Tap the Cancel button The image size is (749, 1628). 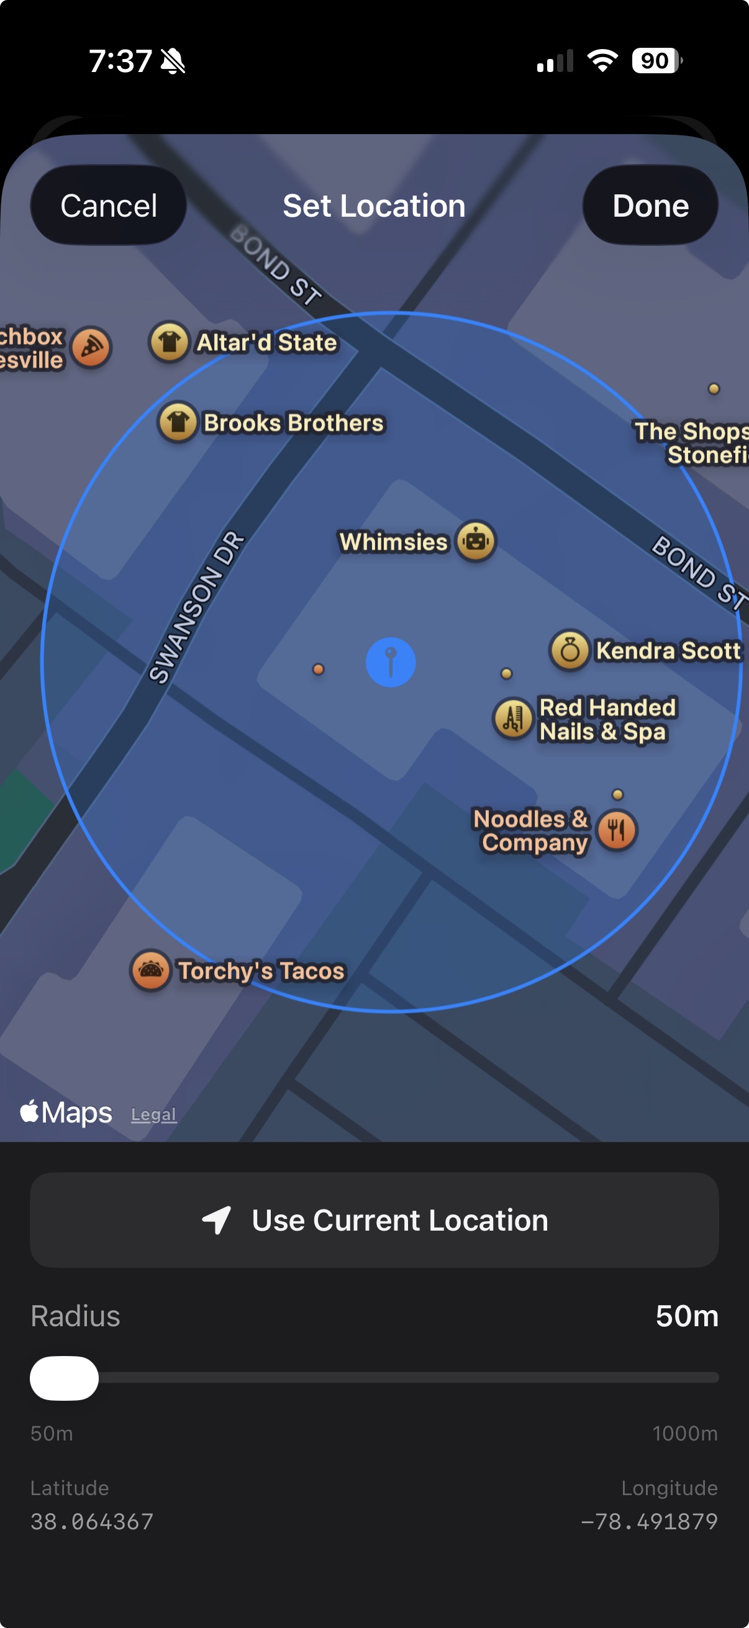pyautogui.click(x=108, y=206)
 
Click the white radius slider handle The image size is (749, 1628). pyautogui.click(x=65, y=1378)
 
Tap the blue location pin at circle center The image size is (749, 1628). pyautogui.click(x=391, y=662)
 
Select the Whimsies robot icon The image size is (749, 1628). pyautogui.click(x=476, y=541)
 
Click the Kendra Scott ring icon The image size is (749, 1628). pyautogui.click(x=570, y=649)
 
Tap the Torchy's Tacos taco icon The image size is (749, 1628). pyautogui.click(x=150, y=970)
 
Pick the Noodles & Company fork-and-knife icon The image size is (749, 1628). pyautogui.click(x=617, y=830)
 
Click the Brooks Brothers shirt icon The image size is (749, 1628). pyautogui.click(x=178, y=422)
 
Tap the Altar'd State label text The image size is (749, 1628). pyautogui.click(x=266, y=343)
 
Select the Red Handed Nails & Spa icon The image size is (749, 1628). pyautogui.click(x=512, y=718)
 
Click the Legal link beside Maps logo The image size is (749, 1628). pyautogui.click(x=153, y=1114)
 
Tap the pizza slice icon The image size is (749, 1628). pyautogui.click(x=92, y=347)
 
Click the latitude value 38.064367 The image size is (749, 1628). pyautogui.click(x=93, y=1521)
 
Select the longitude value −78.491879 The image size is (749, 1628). pyautogui.click(x=649, y=1521)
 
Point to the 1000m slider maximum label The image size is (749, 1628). pyautogui.click(x=684, y=1433)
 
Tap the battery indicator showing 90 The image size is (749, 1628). pyautogui.click(x=656, y=61)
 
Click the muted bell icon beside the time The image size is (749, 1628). pyautogui.click(x=173, y=61)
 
